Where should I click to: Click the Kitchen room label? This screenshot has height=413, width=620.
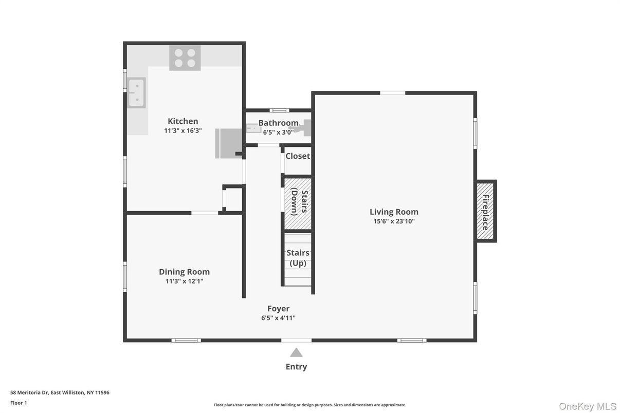[183, 121]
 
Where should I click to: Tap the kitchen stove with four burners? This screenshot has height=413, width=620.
[185, 58]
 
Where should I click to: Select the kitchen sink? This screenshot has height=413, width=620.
[137, 93]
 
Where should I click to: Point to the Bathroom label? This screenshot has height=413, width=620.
[278, 123]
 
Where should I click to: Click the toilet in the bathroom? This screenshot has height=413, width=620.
[306, 127]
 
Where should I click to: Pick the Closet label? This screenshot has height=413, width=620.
[298, 156]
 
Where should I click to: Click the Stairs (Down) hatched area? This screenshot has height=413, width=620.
[298, 203]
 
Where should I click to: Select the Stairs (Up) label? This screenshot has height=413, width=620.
[298, 258]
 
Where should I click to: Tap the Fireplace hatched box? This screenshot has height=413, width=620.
[485, 211]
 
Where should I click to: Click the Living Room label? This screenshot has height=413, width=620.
[394, 212]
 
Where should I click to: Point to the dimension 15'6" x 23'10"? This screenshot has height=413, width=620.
[394, 221]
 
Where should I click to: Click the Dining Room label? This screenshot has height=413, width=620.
[184, 272]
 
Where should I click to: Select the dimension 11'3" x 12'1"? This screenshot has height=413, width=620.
[184, 281]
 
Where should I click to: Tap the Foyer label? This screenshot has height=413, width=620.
[278, 309]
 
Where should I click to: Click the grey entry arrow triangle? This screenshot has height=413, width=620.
[296, 352]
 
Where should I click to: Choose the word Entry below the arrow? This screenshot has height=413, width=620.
[296, 367]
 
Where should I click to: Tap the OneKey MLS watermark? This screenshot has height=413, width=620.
[588, 406]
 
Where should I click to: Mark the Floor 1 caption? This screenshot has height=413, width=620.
[19, 403]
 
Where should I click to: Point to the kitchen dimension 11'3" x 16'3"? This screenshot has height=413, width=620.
[183, 131]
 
